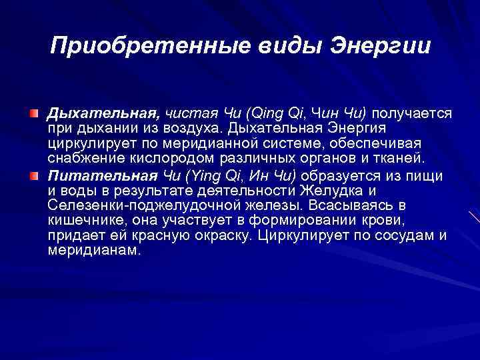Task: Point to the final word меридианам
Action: (x=94, y=250)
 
